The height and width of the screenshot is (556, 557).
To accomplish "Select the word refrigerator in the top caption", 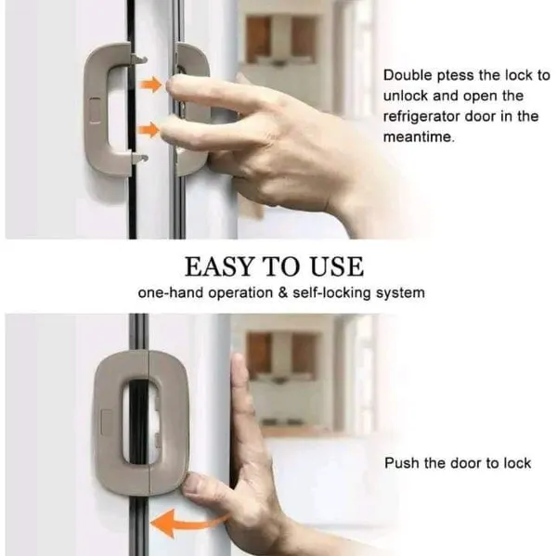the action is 421,117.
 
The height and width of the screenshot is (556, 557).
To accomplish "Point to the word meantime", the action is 419,137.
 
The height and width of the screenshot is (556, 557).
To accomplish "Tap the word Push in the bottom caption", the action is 401,463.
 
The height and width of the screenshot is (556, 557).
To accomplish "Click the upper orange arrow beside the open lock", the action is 151,84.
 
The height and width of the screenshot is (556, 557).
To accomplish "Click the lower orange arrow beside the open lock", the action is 149,130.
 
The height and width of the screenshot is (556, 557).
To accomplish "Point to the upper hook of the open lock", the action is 138,58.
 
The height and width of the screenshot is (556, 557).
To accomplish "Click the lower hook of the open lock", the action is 139,159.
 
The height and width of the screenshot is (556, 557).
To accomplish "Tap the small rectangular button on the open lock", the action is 95,110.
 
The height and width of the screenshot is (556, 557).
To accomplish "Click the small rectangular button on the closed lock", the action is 107,423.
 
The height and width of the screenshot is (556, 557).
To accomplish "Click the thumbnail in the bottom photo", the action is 194,484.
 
